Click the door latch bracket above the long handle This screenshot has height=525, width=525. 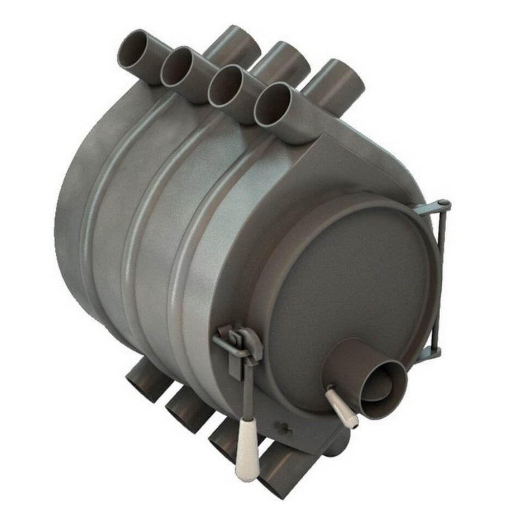click(237, 338)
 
